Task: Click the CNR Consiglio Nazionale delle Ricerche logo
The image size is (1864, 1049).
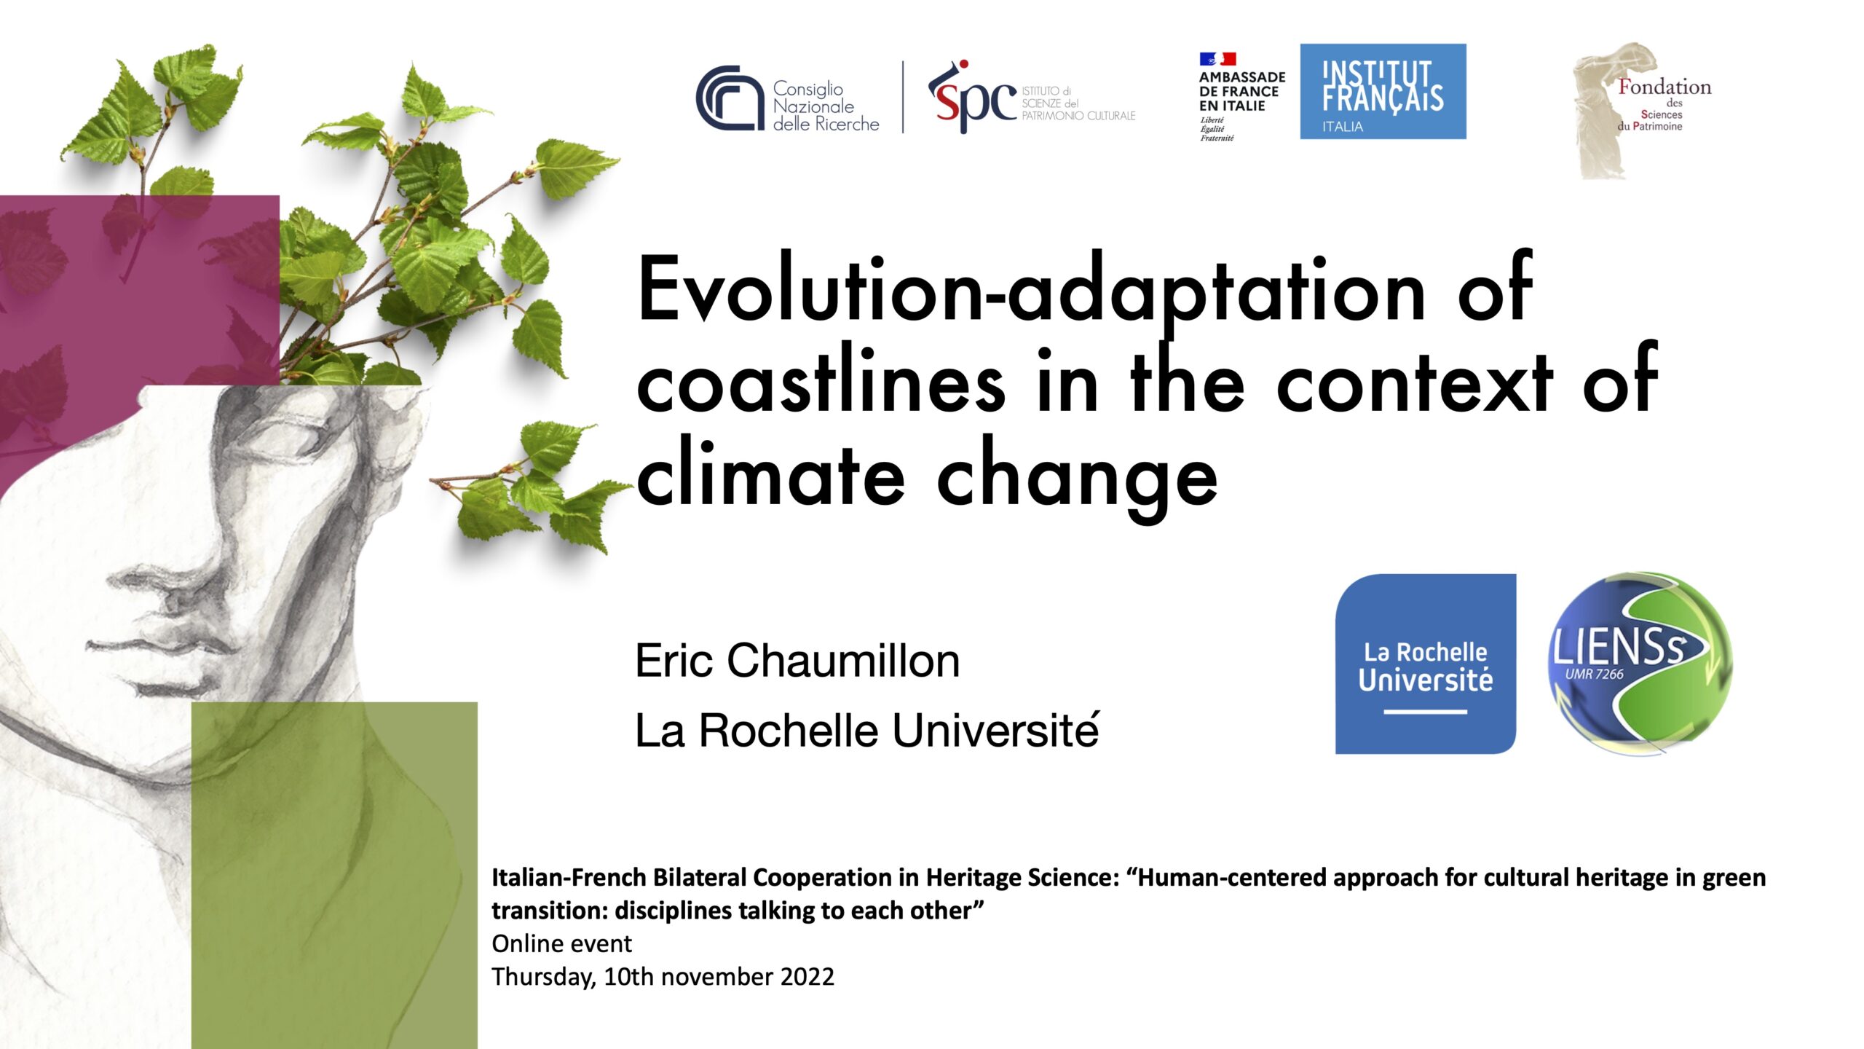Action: point(787,99)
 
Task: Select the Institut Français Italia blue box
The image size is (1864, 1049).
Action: point(1383,91)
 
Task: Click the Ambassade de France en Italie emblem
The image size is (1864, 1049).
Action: point(1241,95)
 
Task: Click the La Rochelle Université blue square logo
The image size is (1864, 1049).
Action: point(1425,664)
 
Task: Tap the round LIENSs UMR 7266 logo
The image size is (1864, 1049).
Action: point(1640,662)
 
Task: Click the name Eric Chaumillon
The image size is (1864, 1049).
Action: point(797,661)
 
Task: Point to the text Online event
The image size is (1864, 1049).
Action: point(561,943)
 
